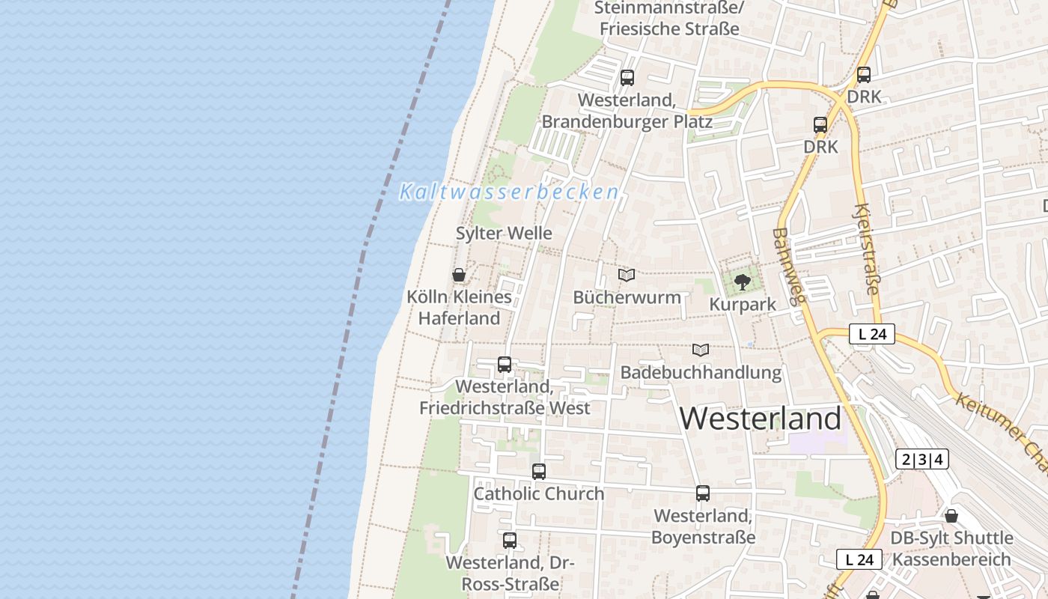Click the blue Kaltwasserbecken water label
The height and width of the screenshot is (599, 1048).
click(x=509, y=192)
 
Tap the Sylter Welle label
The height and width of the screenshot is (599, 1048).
click(x=504, y=233)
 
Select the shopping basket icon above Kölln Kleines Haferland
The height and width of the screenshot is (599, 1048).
click(x=459, y=275)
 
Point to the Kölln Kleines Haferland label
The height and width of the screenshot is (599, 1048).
click(x=459, y=307)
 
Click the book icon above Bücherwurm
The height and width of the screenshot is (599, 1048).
click(x=627, y=275)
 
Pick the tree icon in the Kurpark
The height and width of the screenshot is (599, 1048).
click(x=742, y=282)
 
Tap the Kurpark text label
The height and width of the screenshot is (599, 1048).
click(x=742, y=305)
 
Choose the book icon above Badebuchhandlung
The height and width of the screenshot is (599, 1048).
click(x=701, y=350)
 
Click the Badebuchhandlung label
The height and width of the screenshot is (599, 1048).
click(x=701, y=372)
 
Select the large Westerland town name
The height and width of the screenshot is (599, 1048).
click(x=761, y=418)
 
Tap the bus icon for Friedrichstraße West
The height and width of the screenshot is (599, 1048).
click(x=505, y=365)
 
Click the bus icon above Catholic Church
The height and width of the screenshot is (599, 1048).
click(x=539, y=472)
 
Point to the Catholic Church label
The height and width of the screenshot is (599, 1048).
click(x=539, y=494)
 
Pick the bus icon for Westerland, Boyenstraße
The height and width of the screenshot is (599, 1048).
click(x=703, y=493)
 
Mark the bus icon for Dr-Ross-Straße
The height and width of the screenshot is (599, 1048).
click(x=510, y=540)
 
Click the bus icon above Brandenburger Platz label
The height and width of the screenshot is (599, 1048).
click(x=627, y=77)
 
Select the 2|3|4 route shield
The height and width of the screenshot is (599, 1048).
click(x=921, y=459)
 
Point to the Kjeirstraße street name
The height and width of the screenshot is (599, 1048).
click(x=866, y=249)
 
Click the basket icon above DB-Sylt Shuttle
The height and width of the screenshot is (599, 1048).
click(x=951, y=516)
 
